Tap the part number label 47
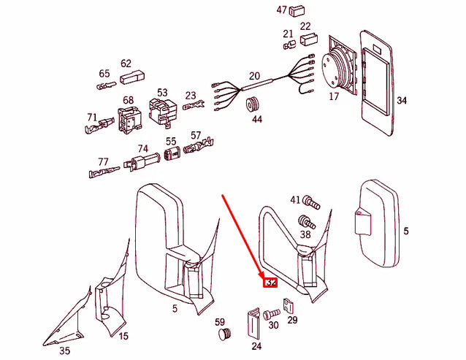tap(281, 10)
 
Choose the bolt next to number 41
tap(309, 199)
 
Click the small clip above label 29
tap(290, 306)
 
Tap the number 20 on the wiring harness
tap(254, 76)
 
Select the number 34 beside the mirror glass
tap(401, 100)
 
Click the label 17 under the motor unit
tap(334, 96)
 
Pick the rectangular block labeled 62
tap(131, 77)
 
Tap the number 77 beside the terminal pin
tap(103, 162)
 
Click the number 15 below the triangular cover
tap(123, 336)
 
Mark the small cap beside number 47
tap(297, 11)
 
